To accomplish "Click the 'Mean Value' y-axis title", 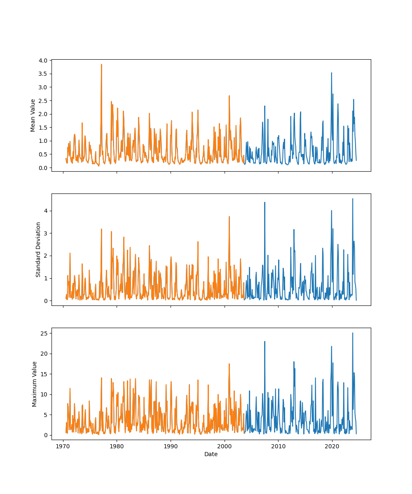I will [33, 115].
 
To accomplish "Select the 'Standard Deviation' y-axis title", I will [38, 249].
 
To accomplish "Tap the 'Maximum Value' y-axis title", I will [35, 384].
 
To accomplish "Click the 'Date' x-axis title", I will [211, 454].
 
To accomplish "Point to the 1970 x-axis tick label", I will [63, 446].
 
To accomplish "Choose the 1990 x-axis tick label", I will [171, 446].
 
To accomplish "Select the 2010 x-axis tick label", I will [278, 446].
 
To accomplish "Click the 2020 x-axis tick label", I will [332, 446].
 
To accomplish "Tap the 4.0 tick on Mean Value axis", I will [43, 60].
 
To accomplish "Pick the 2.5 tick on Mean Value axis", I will [43, 100].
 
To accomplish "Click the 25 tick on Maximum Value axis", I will [44, 333].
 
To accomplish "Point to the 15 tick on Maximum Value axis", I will [44, 374].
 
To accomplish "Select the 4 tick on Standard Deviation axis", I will [46, 211].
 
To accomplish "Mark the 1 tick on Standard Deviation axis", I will [46, 278].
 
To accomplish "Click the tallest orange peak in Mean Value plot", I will [101, 64].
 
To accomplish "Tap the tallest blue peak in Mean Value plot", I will [331, 73].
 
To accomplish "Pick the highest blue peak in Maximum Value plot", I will [352, 333].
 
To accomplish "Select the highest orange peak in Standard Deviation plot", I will [229, 217].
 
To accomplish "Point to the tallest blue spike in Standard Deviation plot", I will [352, 199].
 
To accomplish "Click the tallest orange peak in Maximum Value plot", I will [229, 364].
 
